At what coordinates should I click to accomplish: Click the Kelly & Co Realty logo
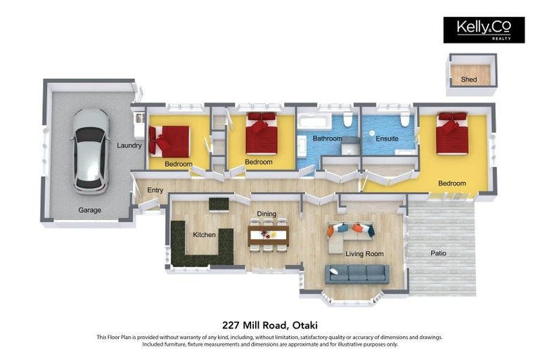tap(484, 30)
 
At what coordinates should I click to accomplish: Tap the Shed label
tap(469, 79)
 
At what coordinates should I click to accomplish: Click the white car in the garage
tap(91, 150)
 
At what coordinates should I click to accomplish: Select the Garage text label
tap(89, 210)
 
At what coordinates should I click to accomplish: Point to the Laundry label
tap(129, 146)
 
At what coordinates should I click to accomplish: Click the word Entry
tap(155, 190)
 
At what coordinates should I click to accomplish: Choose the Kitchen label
tap(204, 234)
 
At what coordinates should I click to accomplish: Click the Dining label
tap(266, 214)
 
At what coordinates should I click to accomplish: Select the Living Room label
tap(364, 254)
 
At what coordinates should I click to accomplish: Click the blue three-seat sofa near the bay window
tap(356, 274)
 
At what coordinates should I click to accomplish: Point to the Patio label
tap(439, 253)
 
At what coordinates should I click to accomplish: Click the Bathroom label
tap(327, 139)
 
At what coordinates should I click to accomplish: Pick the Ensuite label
tap(387, 139)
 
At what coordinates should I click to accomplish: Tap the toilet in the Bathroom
tap(347, 119)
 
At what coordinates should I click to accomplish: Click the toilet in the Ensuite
tap(405, 119)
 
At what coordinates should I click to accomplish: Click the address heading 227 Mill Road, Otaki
tap(269, 325)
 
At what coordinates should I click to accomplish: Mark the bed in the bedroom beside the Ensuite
tap(451, 133)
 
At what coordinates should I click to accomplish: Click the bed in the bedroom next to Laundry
tap(170, 141)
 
